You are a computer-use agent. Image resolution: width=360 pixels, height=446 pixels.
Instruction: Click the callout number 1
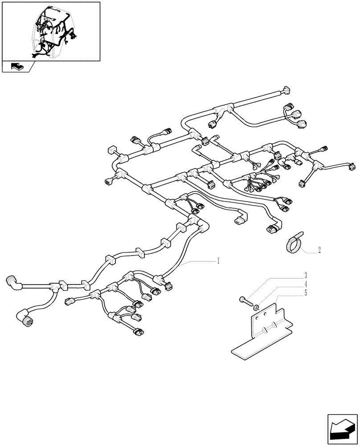[x=218, y=260]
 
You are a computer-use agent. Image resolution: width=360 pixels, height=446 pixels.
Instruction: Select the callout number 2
[x=319, y=251]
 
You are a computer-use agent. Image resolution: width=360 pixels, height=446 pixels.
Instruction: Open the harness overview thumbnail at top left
[x=51, y=31]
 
